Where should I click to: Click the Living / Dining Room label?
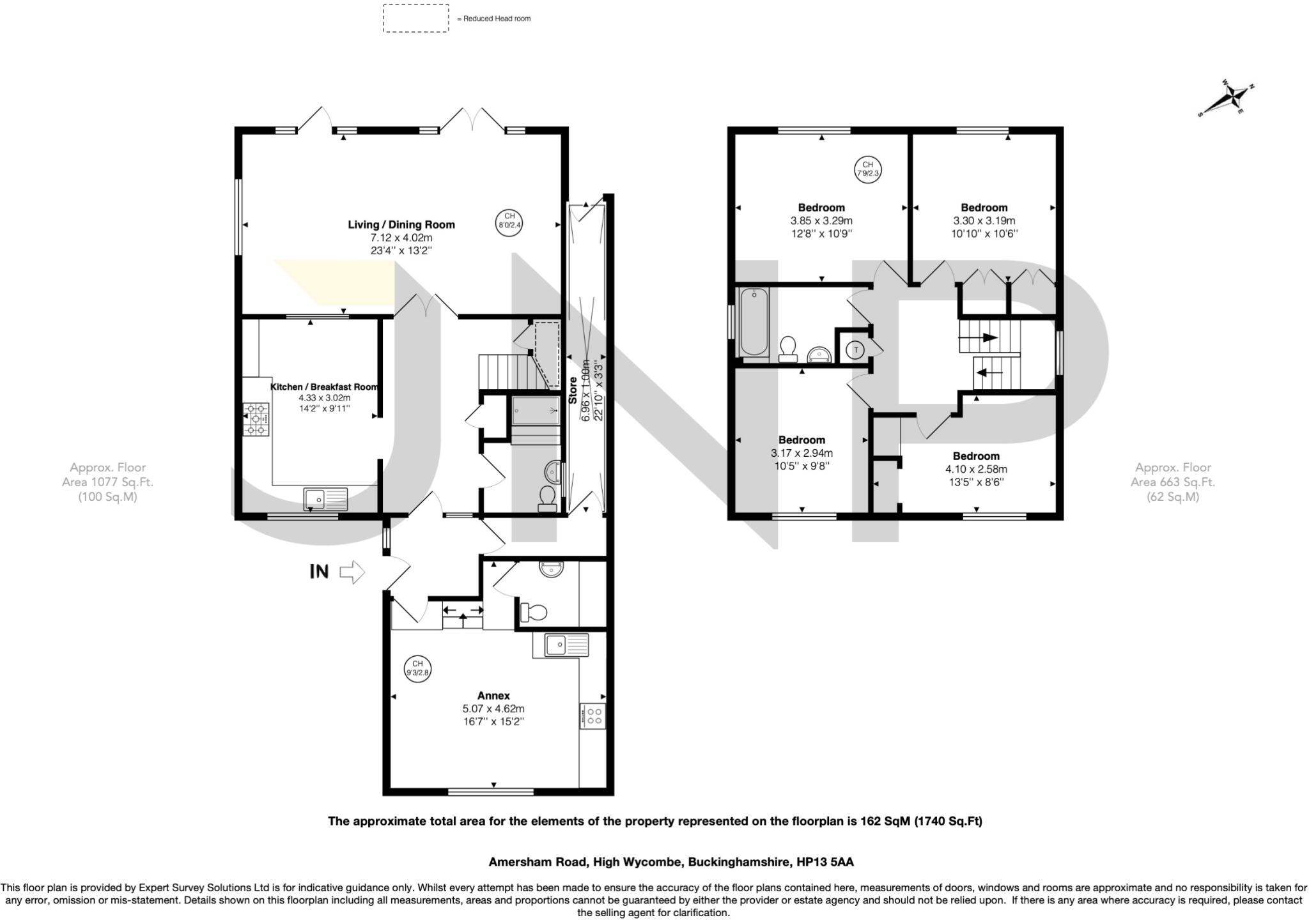(x=401, y=224)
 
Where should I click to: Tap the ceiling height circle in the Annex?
(x=417, y=668)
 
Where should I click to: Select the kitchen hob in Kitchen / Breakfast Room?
(x=256, y=419)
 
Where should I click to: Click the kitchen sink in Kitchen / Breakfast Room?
(x=325, y=498)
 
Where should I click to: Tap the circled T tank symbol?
(x=856, y=349)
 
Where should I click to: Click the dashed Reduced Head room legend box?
(x=415, y=19)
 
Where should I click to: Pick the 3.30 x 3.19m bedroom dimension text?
(x=984, y=221)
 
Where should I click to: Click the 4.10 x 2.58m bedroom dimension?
(x=976, y=469)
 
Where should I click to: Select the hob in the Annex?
(x=593, y=715)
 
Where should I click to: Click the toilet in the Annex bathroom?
(x=534, y=613)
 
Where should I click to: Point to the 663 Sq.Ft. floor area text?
(x=1172, y=482)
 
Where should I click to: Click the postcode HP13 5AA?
(x=825, y=862)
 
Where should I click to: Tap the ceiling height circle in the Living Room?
(x=510, y=220)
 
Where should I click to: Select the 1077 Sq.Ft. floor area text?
(x=107, y=482)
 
